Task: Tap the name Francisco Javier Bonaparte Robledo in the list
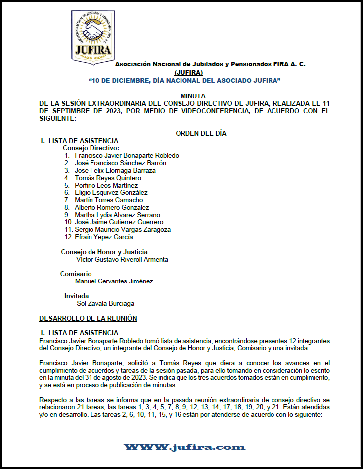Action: click(x=127, y=155)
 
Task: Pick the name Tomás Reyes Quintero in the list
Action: click(x=108, y=178)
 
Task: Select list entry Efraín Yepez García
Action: click(x=104, y=237)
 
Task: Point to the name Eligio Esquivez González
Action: click(x=111, y=192)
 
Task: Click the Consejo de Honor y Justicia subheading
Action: click(x=104, y=252)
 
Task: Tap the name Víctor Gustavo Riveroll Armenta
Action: click(x=122, y=259)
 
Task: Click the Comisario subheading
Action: click(x=76, y=274)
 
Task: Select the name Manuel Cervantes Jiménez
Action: click(x=114, y=281)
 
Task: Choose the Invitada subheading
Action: click(x=77, y=296)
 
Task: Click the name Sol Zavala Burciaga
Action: click(x=105, y=303)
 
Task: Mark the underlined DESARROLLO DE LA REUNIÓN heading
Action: click(x=88, y=318)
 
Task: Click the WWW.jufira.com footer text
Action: click(x=184, y=447)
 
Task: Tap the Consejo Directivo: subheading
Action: click(x=91, y=148)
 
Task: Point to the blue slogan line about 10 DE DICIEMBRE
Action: click(x=184, y=80)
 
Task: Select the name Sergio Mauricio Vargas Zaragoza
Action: click(x=122, y=230)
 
